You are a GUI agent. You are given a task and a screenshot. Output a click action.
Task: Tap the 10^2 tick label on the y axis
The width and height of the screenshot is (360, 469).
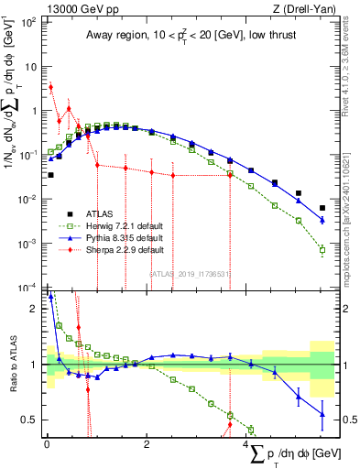[x=27, y=22]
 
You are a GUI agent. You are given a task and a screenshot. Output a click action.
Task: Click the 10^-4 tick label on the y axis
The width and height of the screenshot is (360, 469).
[x=27, y=288]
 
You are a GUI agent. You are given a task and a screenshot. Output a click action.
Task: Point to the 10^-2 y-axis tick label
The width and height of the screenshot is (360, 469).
[x=27, y=199]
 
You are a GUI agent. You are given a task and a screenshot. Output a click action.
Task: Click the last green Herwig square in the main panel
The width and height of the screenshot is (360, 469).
[x=322, y=249]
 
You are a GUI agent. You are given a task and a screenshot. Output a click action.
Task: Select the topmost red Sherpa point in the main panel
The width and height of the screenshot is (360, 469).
[x=50, y=88]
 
